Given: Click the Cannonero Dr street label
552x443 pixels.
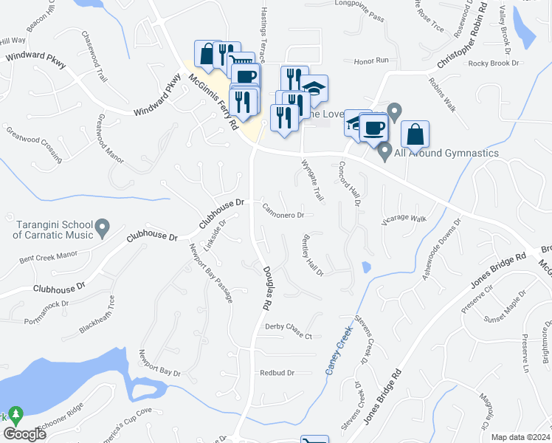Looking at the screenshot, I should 283,215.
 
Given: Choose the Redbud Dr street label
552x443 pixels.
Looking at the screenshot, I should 277,374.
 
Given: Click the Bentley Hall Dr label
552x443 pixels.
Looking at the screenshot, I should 311,255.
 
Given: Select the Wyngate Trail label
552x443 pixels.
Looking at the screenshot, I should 312,181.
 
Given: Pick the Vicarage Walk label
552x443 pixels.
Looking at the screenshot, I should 404,219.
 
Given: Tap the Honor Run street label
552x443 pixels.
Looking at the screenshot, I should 371,61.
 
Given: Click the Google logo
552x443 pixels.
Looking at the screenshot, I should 25,434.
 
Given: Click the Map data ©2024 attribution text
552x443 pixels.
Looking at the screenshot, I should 520,437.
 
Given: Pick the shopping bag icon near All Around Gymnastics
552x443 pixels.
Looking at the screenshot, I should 415,134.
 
